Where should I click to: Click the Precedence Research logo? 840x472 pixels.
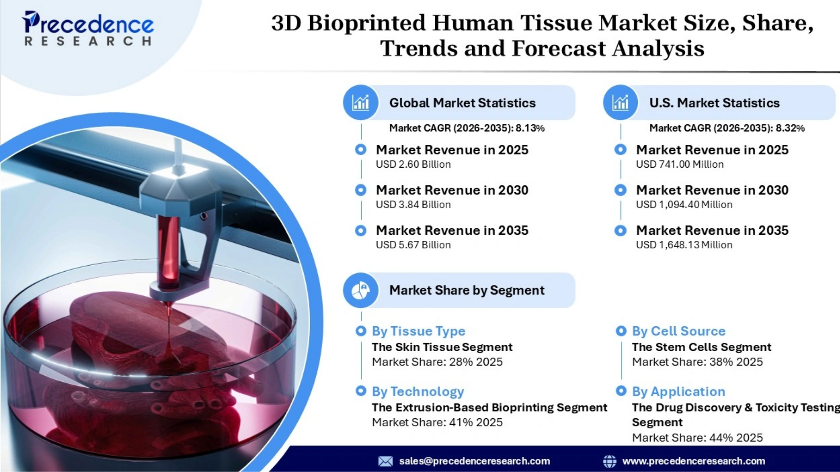[88, 28]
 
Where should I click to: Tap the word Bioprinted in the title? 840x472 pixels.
[366, 23]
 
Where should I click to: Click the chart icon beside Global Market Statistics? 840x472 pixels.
[360, 103]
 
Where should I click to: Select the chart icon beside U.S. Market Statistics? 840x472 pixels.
[620, 103]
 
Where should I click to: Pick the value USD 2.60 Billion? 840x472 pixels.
[413, 164]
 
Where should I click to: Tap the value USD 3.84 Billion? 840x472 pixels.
[413, 205]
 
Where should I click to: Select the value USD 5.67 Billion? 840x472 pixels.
[413, 245]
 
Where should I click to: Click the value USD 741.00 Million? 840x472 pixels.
[680, 164]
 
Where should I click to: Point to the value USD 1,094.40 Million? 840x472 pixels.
[684, 205]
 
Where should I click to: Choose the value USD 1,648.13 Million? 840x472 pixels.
[684, 245]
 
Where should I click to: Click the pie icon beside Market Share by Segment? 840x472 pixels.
[360, 290]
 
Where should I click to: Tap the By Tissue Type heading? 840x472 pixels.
[418, 331]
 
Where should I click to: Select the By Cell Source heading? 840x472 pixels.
[679, 331]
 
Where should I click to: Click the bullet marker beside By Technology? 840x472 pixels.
[360, 391]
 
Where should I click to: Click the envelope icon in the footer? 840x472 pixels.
[385, 461]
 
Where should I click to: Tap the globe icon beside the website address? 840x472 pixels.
[609, 461]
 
